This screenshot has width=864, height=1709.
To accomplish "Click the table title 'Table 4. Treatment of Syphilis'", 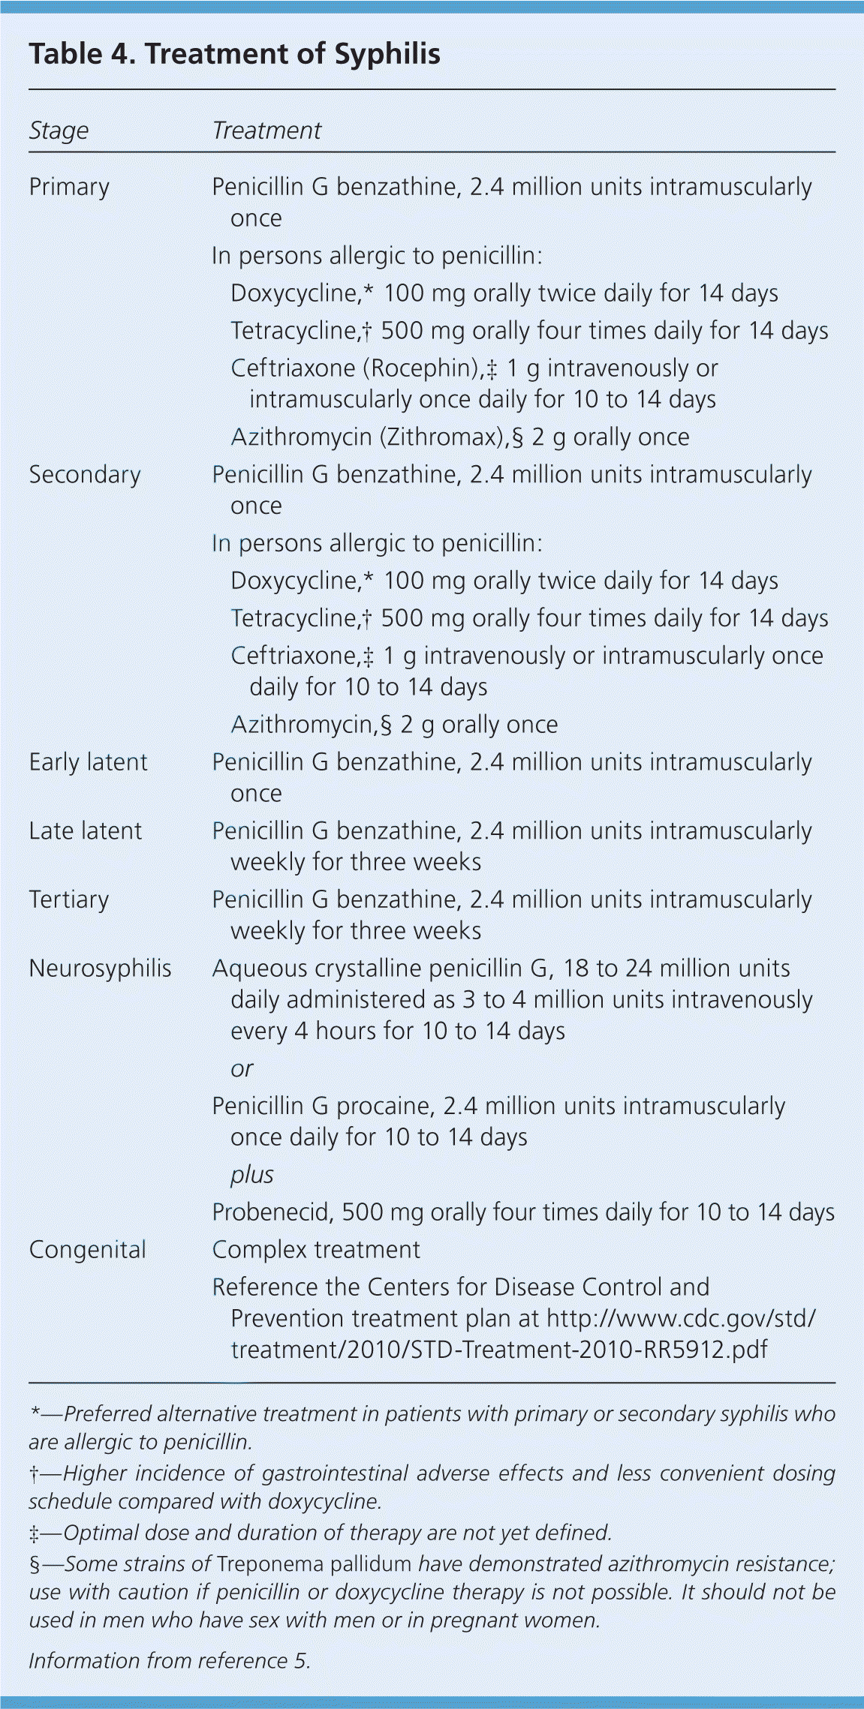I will (234, 54).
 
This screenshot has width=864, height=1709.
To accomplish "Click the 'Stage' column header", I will (59, 131).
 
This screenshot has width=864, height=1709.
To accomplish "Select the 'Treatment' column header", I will (266, 131).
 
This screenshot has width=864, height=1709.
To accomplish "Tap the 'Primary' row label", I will (69, 187).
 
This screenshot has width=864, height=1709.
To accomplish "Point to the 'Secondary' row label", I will (85, 475).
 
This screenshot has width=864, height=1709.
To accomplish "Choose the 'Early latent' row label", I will (88, 762).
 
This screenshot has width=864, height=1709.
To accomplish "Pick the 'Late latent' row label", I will (85, 831).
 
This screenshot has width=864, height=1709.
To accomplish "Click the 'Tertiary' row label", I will (69, 900).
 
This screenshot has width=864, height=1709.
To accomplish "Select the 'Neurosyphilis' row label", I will (100, 969).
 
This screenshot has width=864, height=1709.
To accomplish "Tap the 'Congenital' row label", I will (87, 1250).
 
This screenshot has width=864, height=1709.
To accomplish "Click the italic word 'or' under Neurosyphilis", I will (242, 1068).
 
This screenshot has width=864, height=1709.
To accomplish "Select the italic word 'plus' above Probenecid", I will (251, 1175).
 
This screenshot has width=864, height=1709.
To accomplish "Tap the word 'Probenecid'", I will (273, 1212).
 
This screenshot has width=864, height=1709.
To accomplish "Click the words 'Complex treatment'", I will (316, 1250).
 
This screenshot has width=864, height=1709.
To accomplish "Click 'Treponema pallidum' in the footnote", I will (315, 1564).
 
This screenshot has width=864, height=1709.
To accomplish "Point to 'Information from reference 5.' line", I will (170, 1661).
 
